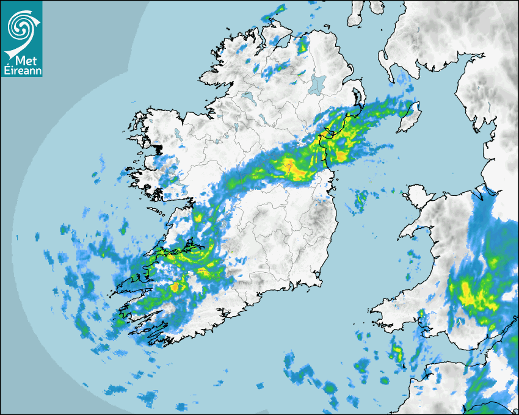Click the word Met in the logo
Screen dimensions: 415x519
(x=24, y=61)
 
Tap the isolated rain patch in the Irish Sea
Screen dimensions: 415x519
(x=360, y=199)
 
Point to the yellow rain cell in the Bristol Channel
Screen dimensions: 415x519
(x=397, y=352)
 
